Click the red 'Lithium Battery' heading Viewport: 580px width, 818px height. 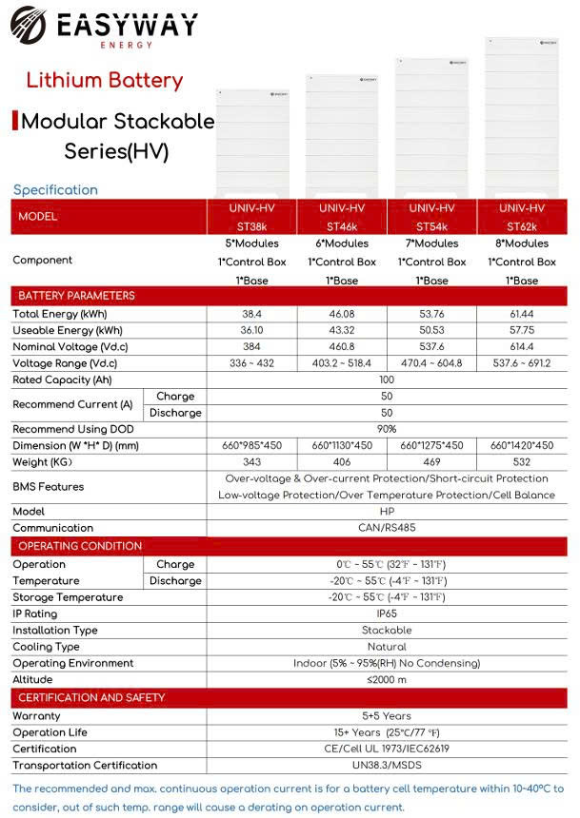[104, 80]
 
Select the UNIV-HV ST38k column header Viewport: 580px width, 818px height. [251, 217]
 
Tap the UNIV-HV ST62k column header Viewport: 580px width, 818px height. [525, 217]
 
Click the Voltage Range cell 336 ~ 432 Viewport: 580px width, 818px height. [251, 363]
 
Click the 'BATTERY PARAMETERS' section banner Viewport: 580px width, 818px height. [77, 296]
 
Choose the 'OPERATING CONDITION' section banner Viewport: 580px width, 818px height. [80, 546]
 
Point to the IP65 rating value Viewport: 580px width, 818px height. [387, 613]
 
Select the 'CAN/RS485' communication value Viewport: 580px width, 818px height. [387, 528]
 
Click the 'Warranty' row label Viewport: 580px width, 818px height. [36, 715]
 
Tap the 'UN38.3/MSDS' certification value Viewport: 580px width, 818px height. [387, 766]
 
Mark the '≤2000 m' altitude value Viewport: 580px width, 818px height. [387, 680]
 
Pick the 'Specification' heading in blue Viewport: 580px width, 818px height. [55, 189]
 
